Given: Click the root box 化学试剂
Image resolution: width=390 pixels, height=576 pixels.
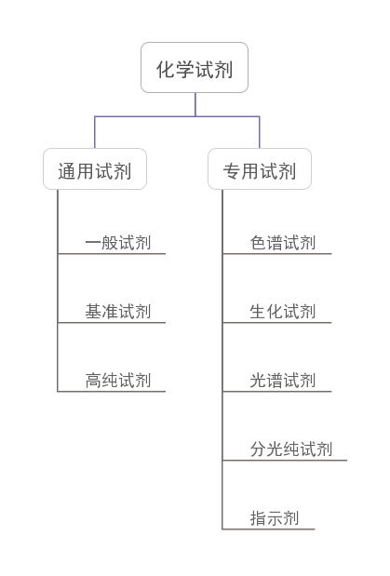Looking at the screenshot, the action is [195, 68].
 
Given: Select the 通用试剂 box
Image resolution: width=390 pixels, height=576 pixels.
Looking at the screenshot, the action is [95, 169].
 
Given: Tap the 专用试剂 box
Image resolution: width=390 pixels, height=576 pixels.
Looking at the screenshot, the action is [260, 169].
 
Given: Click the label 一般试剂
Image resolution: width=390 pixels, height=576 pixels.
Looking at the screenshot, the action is [117, 243].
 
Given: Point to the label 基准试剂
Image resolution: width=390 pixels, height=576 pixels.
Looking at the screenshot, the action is [117, 312].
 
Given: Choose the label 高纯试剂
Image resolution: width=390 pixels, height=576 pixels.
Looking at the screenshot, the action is [117, 381].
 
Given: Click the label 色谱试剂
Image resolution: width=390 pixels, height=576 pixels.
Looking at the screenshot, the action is [283, 243].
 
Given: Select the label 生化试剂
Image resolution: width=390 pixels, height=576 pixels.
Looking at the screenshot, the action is [283, 312].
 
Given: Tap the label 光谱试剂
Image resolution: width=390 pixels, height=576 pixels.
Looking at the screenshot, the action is [283, 381].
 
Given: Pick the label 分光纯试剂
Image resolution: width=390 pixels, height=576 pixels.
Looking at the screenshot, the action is [291, 449].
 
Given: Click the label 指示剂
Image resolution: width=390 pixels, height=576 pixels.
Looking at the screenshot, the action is [275, 518].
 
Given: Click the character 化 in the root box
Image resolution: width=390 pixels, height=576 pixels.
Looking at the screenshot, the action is [166, 70].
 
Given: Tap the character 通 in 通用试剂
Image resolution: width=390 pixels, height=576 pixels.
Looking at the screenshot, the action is [67, 171].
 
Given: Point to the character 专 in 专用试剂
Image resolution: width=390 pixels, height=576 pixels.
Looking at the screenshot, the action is [232, 171].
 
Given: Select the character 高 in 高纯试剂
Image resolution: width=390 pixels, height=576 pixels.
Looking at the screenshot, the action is [93, 381].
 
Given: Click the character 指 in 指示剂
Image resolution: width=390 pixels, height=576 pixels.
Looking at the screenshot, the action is [258, 518].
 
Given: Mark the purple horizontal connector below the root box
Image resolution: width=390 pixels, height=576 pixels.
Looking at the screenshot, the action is [177, 116].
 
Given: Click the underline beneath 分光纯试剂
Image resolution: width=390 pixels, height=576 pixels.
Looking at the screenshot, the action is [285, 460].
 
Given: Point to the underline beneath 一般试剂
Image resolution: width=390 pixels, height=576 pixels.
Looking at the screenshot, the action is [112, 253].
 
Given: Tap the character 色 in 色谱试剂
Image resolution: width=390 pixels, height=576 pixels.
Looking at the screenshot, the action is [258, 243].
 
